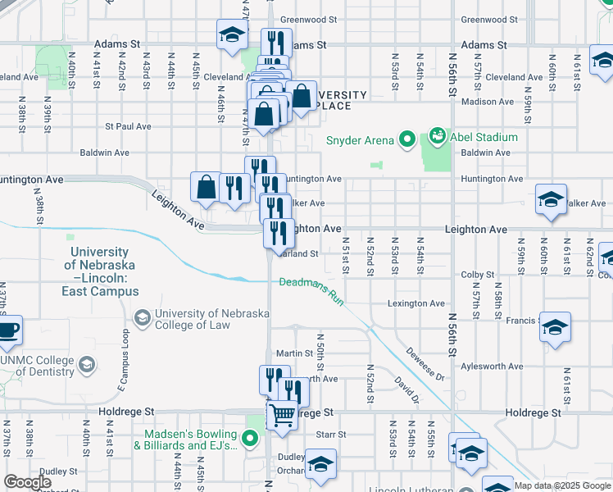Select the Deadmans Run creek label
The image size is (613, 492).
pos(311,289)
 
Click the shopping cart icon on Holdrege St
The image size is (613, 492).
pos(282,416)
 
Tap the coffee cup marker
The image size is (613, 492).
pos(8,330)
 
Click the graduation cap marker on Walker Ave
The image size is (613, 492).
pos(551,199)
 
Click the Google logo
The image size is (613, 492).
pos(27,483)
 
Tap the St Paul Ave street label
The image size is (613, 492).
pos(128,126)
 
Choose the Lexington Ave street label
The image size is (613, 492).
pos(415,303)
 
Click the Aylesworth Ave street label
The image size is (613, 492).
pos(492,367)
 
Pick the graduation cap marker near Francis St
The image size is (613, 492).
pos(555,327)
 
